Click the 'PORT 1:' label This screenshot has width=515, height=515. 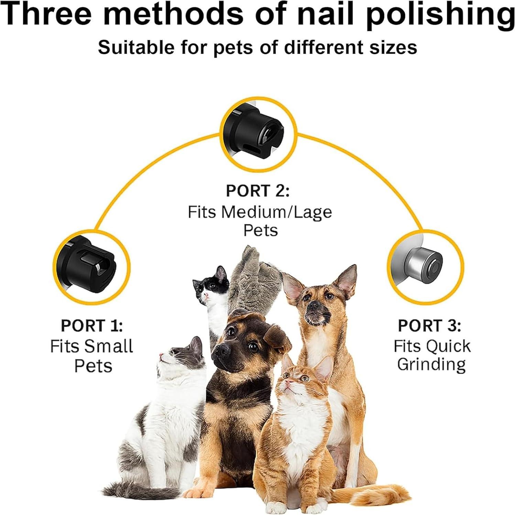[92, 326]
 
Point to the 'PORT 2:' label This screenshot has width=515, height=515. [258, 191]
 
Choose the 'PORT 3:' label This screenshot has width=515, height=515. [429, 326]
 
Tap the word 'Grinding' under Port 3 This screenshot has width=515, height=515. [431, 365]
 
